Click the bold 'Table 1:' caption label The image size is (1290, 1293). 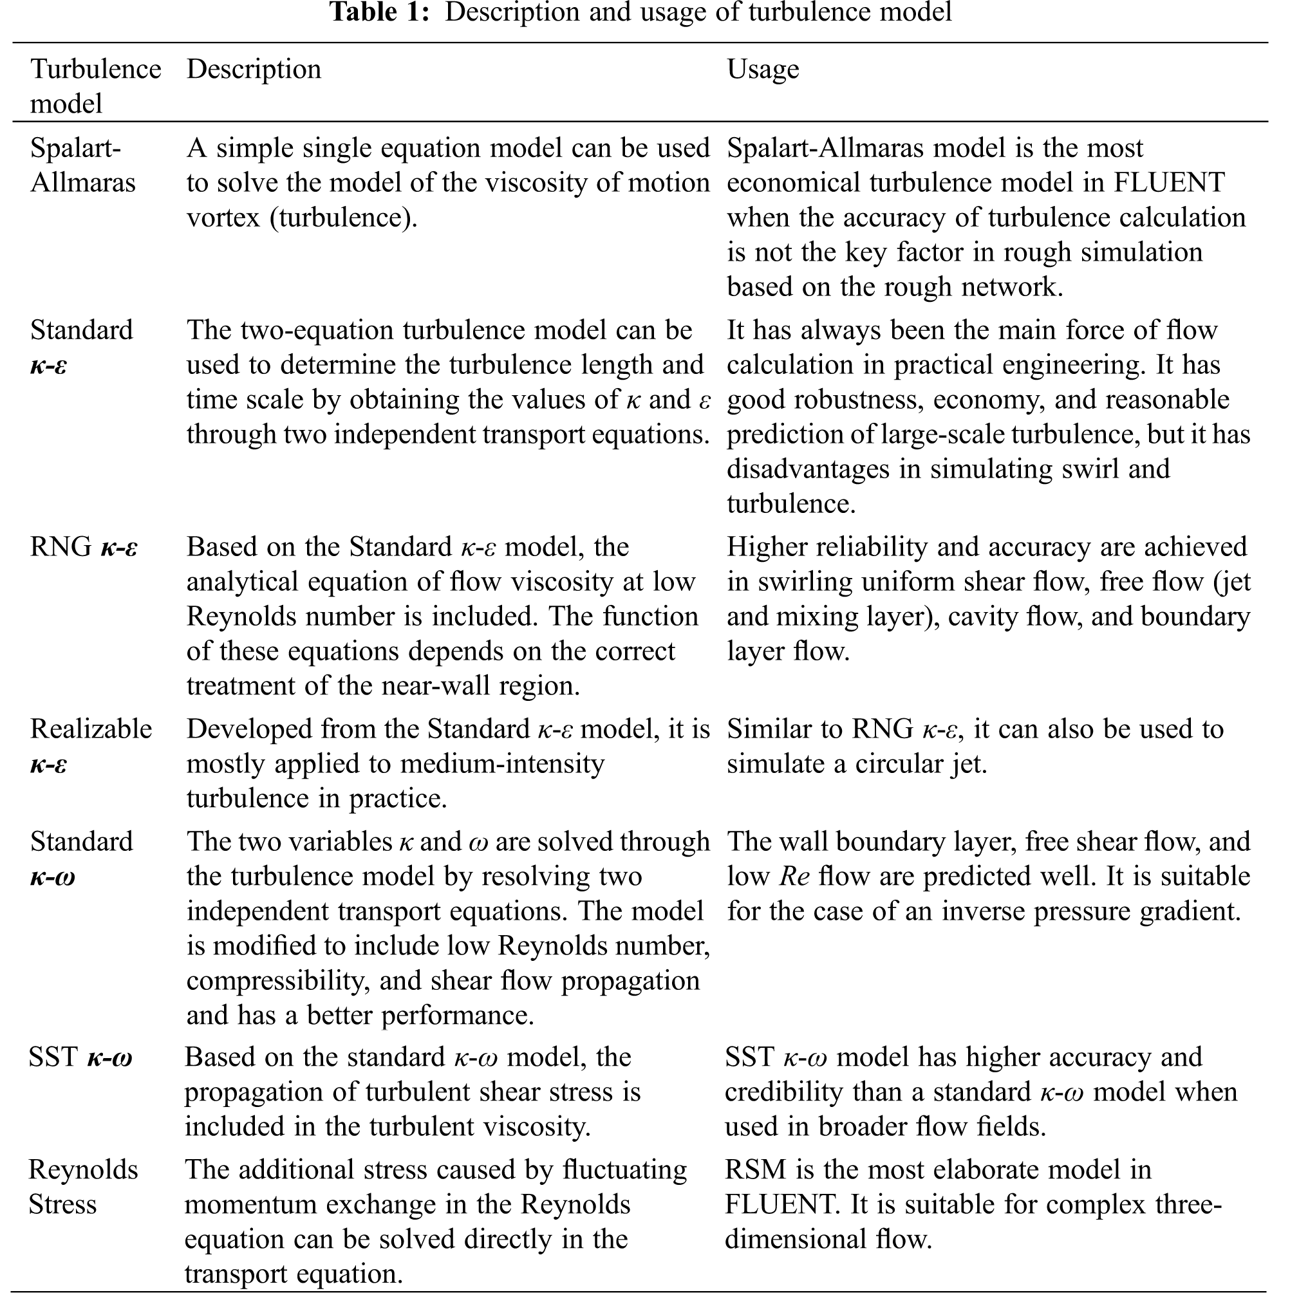pos(380,12)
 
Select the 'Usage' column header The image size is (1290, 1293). pos(763,70)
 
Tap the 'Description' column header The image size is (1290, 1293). pos(254,70)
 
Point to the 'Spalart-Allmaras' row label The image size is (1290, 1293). pos(82,165)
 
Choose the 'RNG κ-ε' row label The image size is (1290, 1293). pos(84,548)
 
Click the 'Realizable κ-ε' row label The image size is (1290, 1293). pos(90,746)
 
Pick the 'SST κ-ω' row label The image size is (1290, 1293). pos(80,1057)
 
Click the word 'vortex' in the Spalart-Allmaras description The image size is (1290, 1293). pos(223,218)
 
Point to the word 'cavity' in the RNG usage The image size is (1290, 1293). pos(987,617)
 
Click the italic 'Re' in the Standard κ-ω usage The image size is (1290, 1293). pos(794,877)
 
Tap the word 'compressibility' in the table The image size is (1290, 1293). pos(278,981)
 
